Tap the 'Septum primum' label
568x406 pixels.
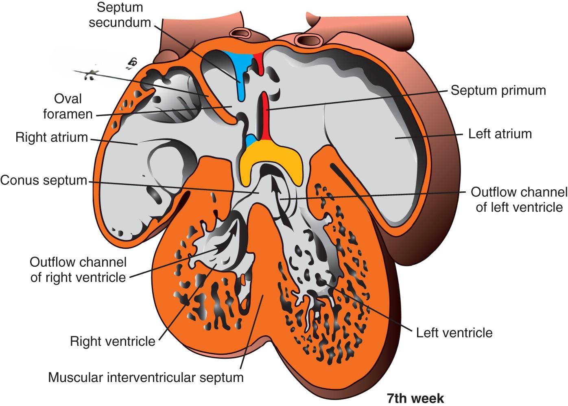pos(498,90)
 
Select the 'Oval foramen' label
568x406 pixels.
pos(68,106)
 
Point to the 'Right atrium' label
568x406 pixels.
pos(51,137)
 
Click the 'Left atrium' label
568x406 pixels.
pos(500,134)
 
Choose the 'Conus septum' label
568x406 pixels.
pos(44,180)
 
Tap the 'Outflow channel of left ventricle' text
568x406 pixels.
pos(519,200)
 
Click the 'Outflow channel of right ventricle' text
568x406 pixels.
pos(78,270)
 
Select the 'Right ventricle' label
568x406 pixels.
pos(112,341)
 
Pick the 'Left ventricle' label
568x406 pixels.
pos(454,333)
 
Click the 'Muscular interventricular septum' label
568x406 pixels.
pos(146,377)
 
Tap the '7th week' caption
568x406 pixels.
pos(415,398)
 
